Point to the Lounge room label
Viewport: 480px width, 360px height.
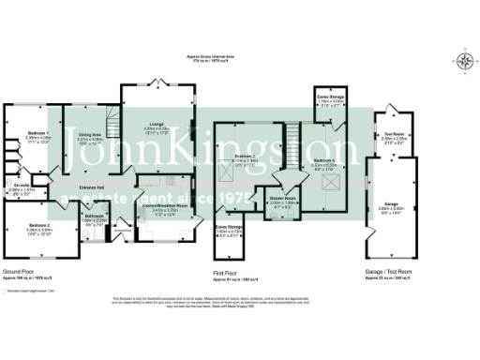(157, 127)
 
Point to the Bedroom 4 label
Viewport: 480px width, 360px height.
(324, 161)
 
